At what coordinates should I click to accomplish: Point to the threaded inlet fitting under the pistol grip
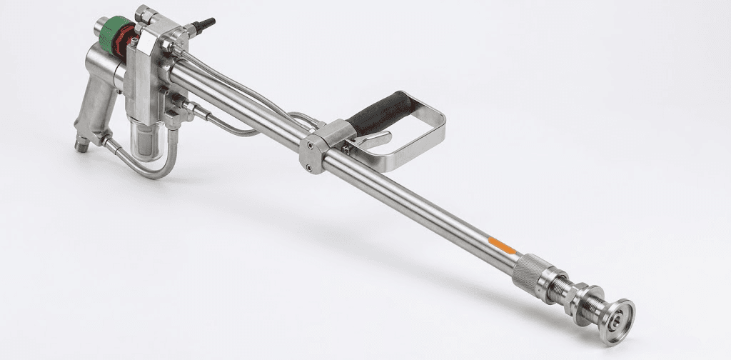[81, 145]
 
